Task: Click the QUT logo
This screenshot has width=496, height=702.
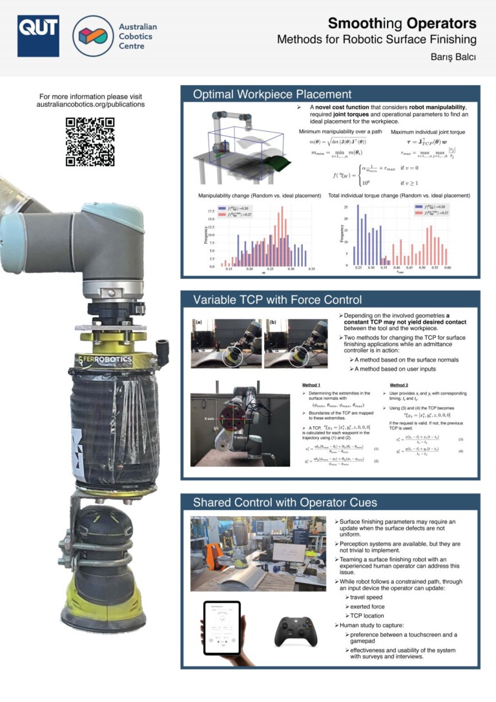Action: [38, 36]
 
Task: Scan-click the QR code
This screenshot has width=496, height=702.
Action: [90, 141]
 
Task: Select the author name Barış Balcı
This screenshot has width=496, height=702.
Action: [454, 56]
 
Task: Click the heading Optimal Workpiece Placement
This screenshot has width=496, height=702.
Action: [272, 95]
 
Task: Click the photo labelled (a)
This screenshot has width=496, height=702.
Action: [225, 343]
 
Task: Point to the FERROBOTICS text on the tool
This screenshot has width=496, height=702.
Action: [107, 358]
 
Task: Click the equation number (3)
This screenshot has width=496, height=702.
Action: [460, 439]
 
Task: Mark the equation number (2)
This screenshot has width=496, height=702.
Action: [376, 460]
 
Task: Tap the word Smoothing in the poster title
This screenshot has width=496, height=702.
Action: [366, 24]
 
